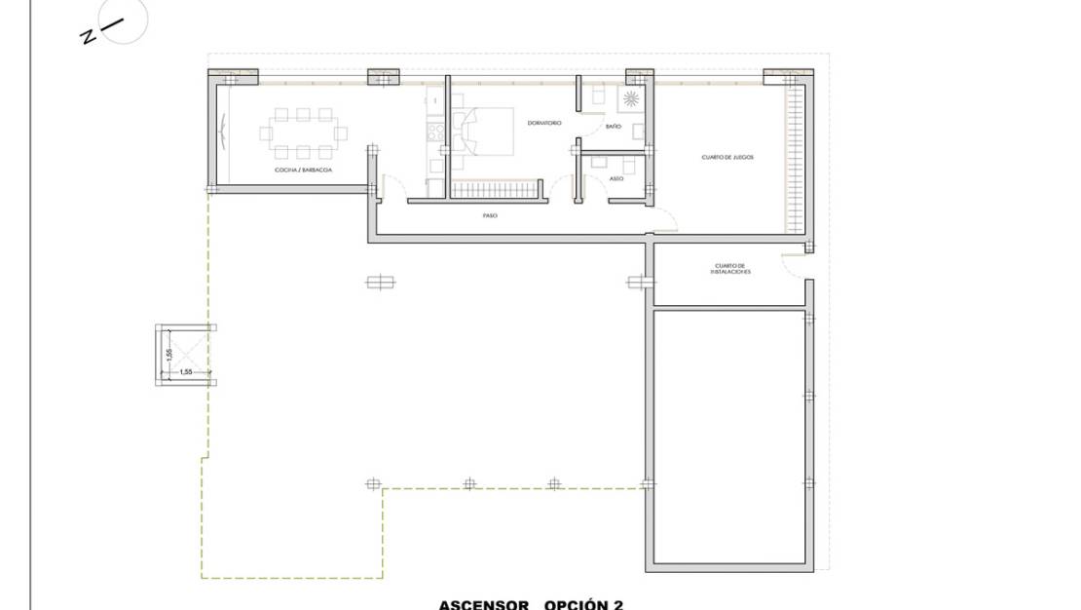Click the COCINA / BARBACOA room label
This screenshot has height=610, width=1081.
pos(304,170)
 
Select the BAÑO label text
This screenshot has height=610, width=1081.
pos(614,127)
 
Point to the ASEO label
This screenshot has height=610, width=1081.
pos(615,178)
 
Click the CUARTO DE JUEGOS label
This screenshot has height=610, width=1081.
pos(727,157)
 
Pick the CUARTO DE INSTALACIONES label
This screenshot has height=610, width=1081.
pos(729,268)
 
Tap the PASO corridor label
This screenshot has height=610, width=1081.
pos(490,215)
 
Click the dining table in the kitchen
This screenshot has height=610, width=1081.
pos(304,133)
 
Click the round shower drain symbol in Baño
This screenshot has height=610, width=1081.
pos(632,98)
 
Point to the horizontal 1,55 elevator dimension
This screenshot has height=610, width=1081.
pos(185,372)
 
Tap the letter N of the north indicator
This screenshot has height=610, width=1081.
pos(88,36)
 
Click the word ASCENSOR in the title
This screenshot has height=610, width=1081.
pos(483,604)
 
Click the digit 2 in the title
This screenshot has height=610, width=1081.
pos(617,604)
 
